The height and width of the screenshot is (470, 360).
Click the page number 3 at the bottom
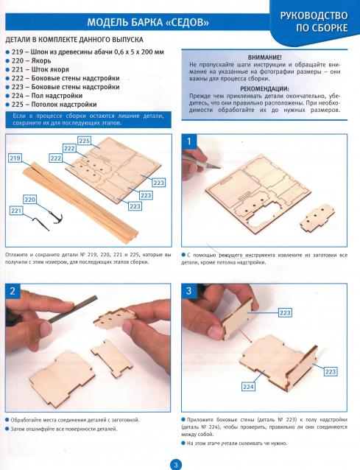click(x=176, y=465)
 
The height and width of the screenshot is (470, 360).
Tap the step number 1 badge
click(x=188, y=141)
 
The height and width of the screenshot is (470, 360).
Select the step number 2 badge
click(x=13, y=291)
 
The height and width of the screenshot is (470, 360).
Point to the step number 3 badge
click(x=188, y=291)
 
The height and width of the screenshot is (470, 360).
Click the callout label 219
click(x=15, y=158)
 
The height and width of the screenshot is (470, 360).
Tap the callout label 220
click(x=30, y=200)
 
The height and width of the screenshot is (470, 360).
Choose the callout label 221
click(x=16, y=211)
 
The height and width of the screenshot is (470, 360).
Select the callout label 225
click(x=85, y=141)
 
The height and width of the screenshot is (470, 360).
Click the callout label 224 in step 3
click(x=248, y=387)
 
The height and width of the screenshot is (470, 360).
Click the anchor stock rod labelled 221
click(x=40, y=224)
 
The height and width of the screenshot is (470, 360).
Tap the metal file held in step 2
click(x=73, y=309)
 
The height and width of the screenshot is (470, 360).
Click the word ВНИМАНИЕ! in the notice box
click(x=265, y=57)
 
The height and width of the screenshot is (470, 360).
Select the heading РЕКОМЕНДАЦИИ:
click(x=265, y=89)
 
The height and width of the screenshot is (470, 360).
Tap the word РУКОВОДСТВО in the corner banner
click(x=314, y=15)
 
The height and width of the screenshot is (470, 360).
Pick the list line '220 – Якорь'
click(x=31, y=60)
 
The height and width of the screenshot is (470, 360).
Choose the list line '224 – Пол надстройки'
click(x=47, y=96)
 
